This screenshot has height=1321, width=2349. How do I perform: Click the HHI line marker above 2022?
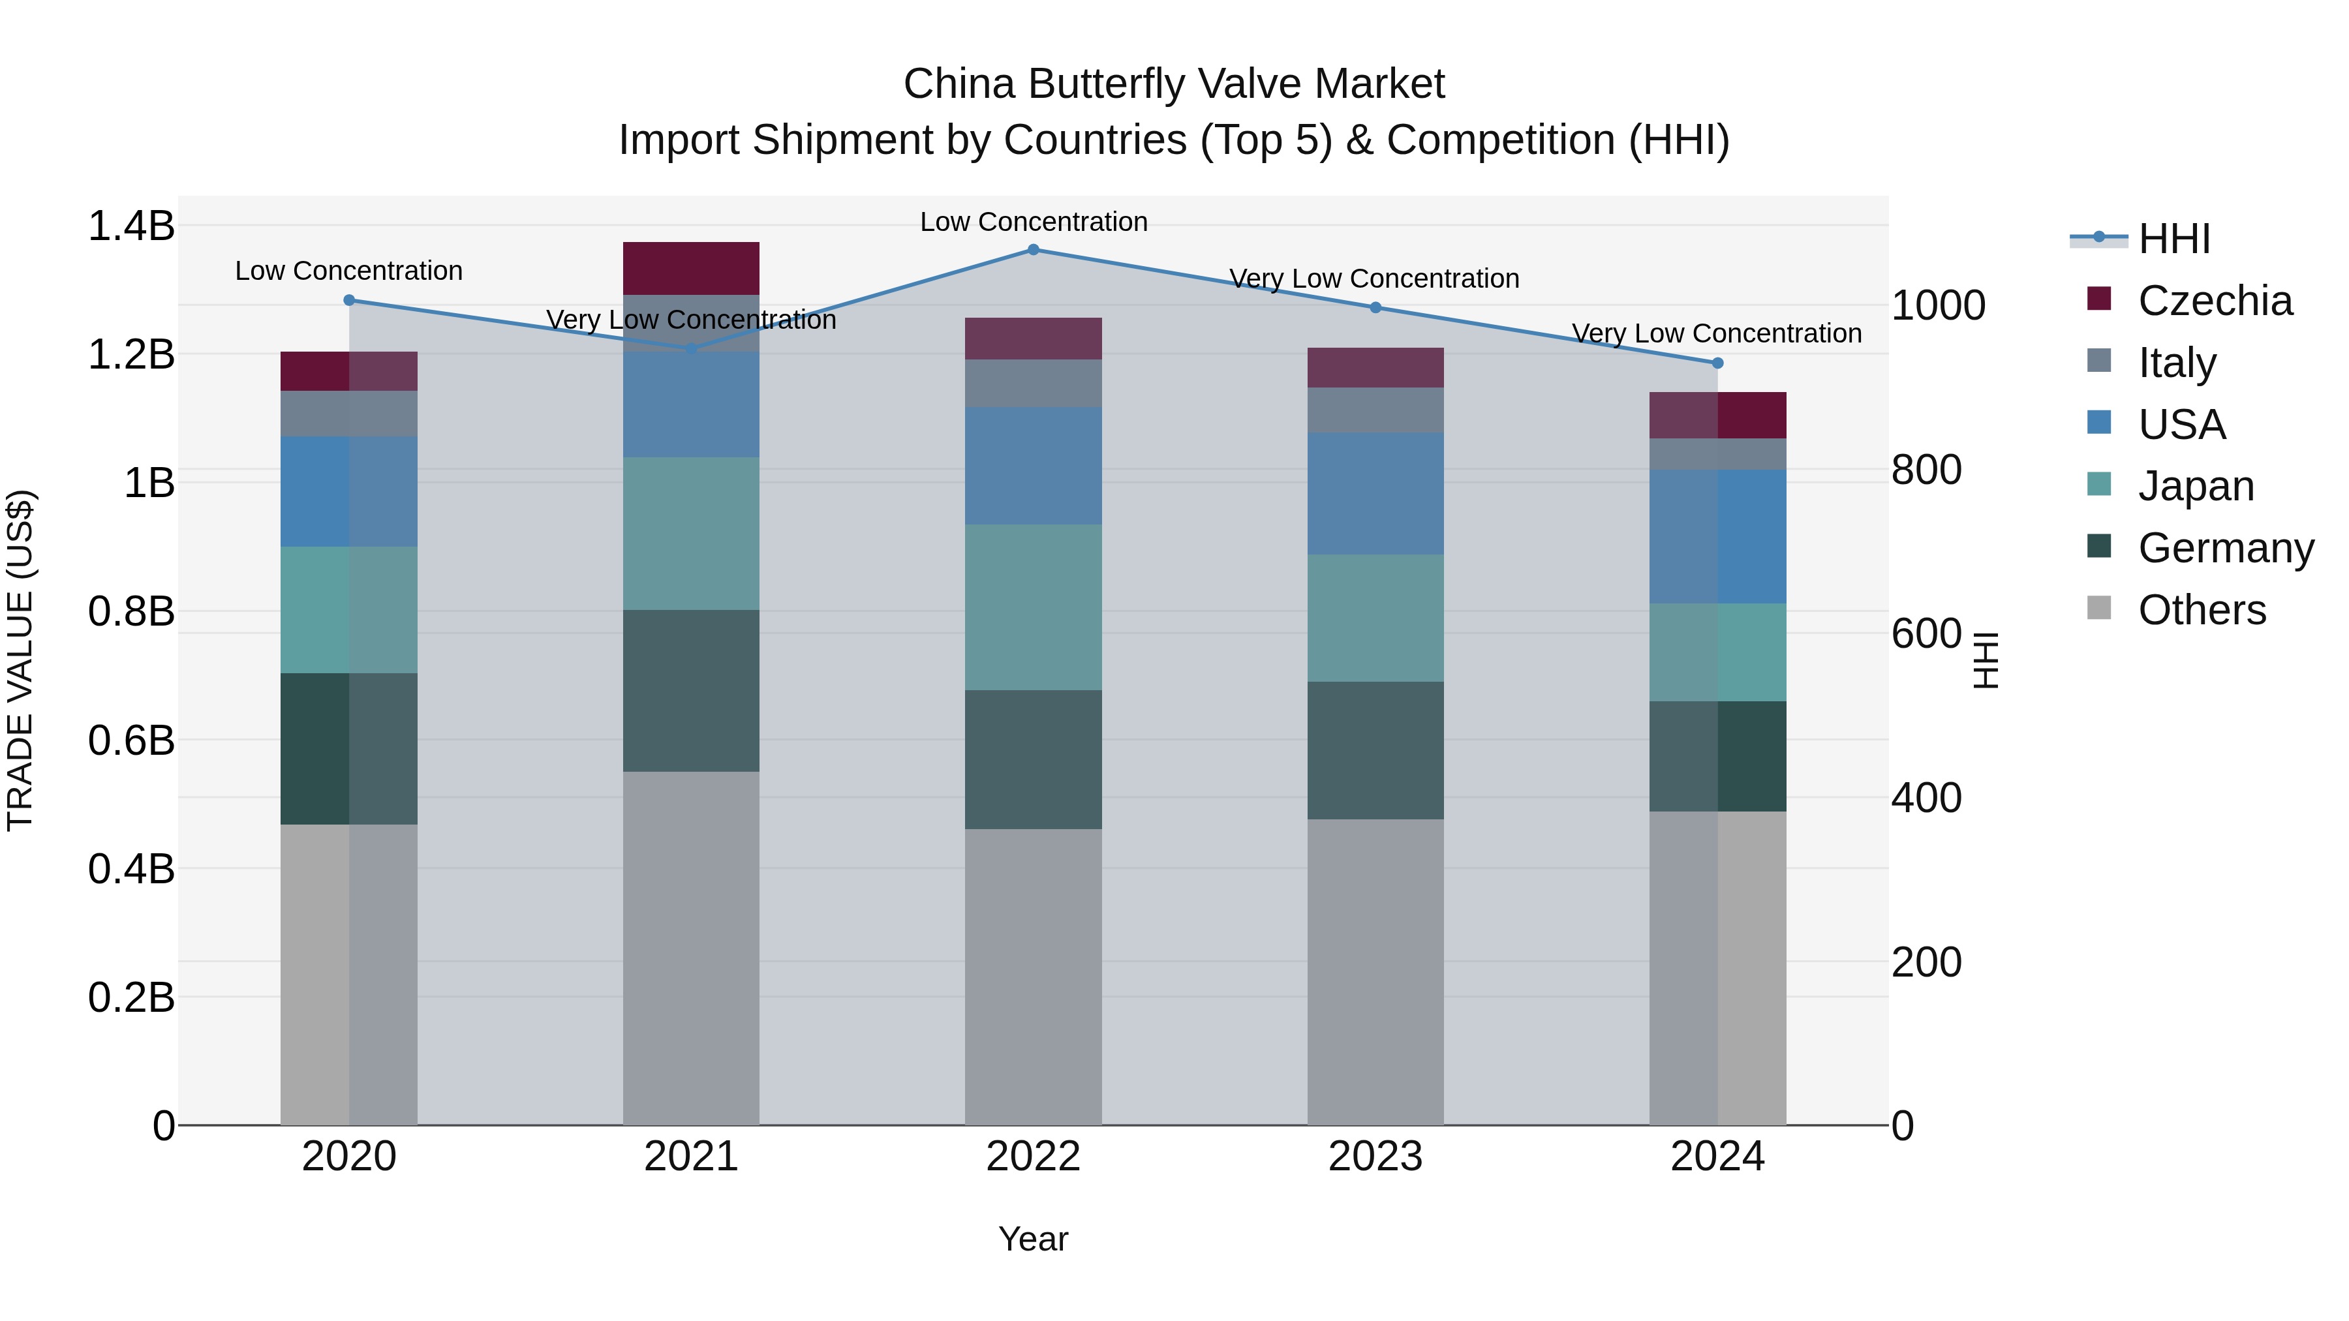coord(1033,249)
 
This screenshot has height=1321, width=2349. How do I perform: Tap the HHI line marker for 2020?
coord(349,300)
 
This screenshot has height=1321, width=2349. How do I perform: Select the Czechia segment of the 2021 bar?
coord(691,268)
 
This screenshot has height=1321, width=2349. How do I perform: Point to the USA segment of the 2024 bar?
coord(1718,536)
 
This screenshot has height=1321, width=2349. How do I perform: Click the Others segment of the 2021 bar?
coord(691,948)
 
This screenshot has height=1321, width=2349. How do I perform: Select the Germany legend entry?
coord(2225,548)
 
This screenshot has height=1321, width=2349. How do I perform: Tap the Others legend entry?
coord(2202,610)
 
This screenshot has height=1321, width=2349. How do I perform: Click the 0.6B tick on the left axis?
coord(131,740)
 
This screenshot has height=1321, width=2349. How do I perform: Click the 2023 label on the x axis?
coord(1375,1157)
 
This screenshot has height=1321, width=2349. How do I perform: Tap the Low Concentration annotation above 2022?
coord(1033,222)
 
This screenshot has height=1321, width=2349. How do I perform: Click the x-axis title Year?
coord(1033,1239)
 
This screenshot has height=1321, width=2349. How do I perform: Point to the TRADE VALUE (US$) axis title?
coord(20,660)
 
